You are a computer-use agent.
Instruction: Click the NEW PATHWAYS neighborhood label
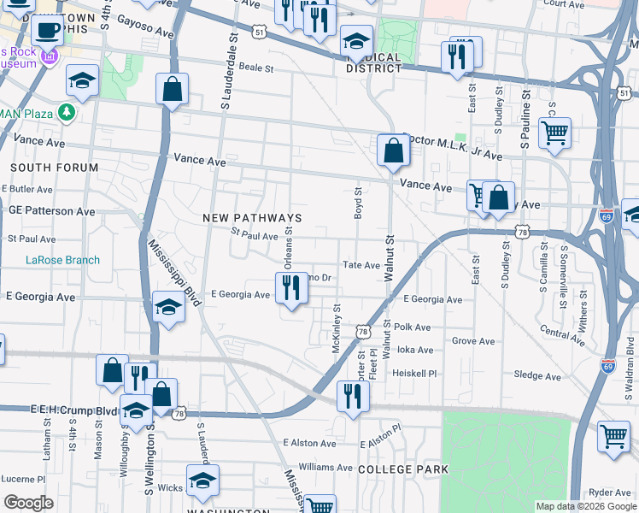click(252, 218)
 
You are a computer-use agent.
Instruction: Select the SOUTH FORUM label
click(54, 168)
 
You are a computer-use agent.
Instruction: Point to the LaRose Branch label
click(62, 260)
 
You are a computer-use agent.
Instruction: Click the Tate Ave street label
click(361, 266)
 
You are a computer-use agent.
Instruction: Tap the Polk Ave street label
click(413, 327)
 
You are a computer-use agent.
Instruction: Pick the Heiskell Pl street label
click(414, 374)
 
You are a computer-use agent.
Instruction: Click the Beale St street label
click(255, 67)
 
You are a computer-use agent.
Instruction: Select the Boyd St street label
click(358, 204)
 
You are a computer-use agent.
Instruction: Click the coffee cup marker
click(48, 31)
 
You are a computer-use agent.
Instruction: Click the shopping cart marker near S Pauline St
click(554, 133)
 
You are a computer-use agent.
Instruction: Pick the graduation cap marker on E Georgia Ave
click(169, 308)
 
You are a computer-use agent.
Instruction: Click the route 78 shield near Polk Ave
click(363, 331)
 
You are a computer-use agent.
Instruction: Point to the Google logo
click(29, 503)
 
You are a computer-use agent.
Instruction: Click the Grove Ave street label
click(473, 341)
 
